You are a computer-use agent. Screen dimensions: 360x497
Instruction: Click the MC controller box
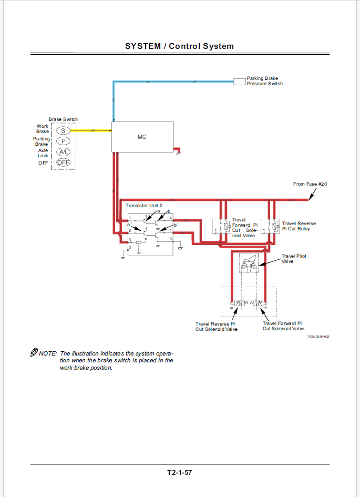(142, 137)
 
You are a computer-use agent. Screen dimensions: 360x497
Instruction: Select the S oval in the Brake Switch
(63, 130)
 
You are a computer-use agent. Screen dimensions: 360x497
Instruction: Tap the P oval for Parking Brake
(63, 141)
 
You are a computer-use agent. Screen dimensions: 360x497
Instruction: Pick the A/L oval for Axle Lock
(63, 152)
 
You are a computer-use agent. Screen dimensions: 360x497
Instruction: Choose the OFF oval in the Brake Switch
(63, 163)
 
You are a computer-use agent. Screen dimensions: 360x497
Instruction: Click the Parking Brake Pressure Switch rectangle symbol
(240, 82)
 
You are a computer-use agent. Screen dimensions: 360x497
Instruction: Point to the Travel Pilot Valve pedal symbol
(249, 263)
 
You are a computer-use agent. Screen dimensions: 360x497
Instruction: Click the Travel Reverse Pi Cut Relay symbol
(270, 226)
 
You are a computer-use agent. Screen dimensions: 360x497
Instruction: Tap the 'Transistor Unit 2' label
(144, 206)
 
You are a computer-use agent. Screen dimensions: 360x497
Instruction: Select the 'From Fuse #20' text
(310, 184)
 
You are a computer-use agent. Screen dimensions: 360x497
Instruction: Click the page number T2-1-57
(180, 472)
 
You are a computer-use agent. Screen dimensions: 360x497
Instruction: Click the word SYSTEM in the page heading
(143, 46)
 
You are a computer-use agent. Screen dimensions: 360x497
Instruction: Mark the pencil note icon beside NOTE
(34, 352)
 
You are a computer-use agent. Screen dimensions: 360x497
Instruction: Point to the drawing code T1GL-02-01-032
(318, 337)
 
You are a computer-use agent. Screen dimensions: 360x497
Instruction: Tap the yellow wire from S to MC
(91, 130)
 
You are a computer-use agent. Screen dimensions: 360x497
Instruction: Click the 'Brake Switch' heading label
(63, 119)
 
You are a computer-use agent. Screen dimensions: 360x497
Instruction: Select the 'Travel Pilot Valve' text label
(294, 259)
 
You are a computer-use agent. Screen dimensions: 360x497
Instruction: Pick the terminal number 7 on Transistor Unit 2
(130, 218)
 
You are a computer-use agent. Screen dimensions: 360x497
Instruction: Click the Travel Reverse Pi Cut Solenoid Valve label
(216, 327)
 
